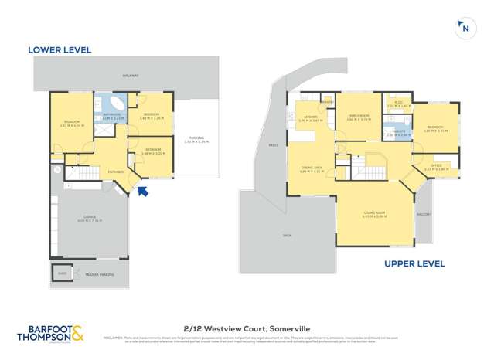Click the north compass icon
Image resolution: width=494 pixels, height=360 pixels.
464,29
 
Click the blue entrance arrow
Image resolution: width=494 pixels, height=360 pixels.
142,190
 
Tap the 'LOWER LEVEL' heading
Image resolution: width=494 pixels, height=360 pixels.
60,50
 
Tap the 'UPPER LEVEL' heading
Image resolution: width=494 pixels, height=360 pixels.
414,263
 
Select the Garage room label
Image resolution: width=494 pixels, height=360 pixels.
90,219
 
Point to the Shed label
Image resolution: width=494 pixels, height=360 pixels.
62,273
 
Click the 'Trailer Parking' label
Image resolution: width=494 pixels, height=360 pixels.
102,274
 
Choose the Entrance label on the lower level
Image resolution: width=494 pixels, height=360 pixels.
116,172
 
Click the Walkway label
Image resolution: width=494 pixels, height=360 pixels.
131,76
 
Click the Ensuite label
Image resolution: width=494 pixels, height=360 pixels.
399,132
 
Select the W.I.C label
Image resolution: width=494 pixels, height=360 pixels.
399,103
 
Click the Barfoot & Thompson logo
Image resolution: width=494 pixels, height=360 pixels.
50,335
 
